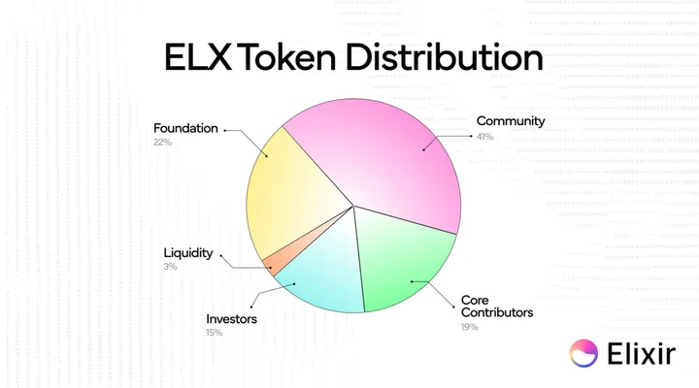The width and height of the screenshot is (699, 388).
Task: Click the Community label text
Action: pyautogui.click(x=511, y=121)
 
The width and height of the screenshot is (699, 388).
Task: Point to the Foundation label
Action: pyautogui.click(x=185, y=128)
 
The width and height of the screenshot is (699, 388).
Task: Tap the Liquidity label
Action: pyautogui.click(x=188, y=253)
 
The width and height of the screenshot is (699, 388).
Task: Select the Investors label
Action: pyautogui.click(x=231, y=319)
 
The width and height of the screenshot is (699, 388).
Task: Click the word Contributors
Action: pyautogui.click(x=497, y=312)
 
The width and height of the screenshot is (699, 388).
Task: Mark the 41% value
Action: pyautogui.click(x=484, y=137)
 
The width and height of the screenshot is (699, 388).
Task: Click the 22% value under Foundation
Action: pyautogui.click(x=162, y=142)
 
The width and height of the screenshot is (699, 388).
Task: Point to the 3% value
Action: pyautogui.click(x=170, y=267)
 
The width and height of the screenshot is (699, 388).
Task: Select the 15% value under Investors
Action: pyautogui.click(x=214, y=333)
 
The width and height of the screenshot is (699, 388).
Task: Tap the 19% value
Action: pyautogui.click(x=470, y=327)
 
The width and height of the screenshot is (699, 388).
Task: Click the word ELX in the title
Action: pyautogui.click(x=198, y=57)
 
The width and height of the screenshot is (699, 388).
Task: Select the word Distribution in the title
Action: pyautogui.click(x=445, y=57)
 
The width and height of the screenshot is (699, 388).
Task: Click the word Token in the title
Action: pyautogui.click(x=288, y=57)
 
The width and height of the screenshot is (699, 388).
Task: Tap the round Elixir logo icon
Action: pyautogui.click(x=583, y=353)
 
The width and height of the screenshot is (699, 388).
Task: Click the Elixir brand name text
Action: pyautogui.click(x=642, y=353)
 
